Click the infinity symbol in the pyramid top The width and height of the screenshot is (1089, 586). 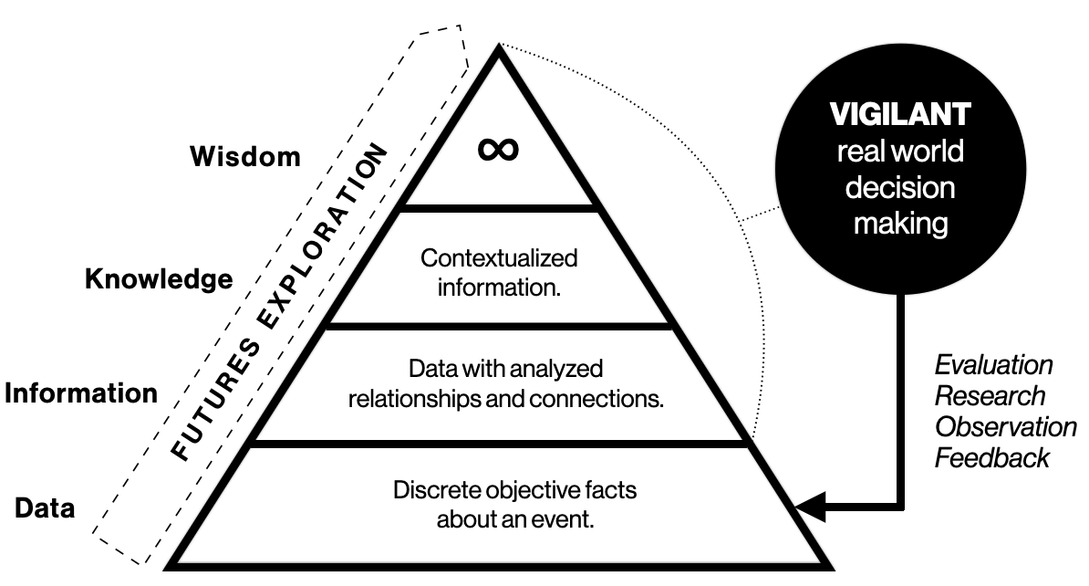pos(499,148)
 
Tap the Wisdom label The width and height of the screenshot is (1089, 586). pos(244,156)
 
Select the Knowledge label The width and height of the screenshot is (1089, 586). pos(159,278)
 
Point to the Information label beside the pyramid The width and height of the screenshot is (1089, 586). pos(80,393)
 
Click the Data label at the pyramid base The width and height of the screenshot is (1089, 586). pos(45,508)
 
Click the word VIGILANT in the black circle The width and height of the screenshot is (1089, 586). pos(899,115)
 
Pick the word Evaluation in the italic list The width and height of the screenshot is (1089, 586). pos(993,365)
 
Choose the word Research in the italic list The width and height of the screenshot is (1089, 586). pos(990,395)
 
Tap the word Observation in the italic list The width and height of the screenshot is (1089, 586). pos(1006,426)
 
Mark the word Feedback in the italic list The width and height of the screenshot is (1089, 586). pos(991,456)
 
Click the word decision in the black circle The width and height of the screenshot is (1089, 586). pos(899,187)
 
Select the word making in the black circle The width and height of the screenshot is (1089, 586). pos(899,222)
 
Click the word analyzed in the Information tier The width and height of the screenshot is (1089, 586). pos(559,370)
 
